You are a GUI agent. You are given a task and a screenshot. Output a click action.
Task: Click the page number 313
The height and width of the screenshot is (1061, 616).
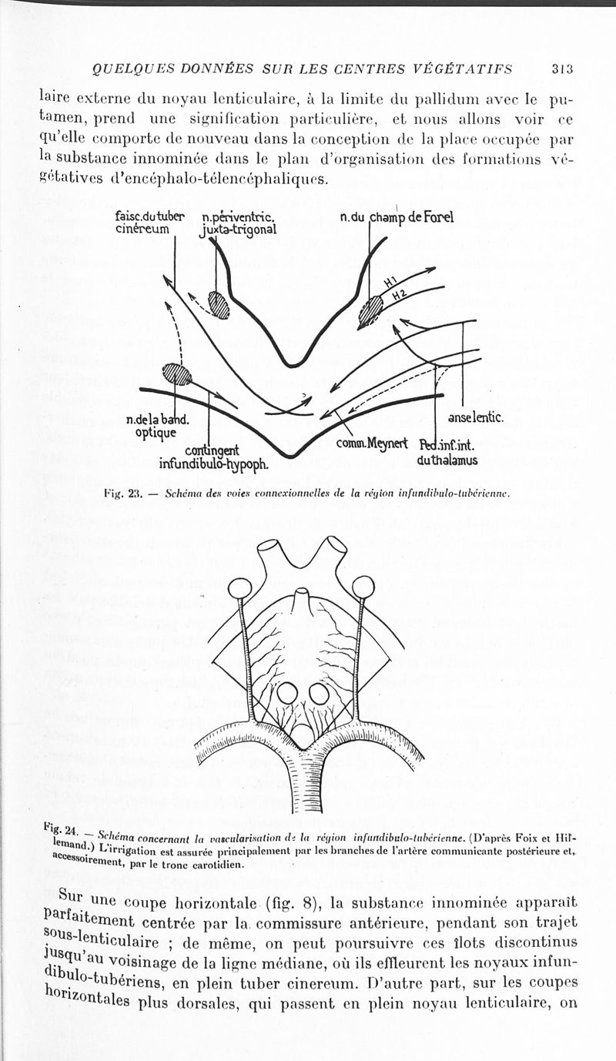[563, 69]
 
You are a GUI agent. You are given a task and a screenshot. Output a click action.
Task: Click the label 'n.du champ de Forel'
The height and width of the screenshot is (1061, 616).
[397, 217]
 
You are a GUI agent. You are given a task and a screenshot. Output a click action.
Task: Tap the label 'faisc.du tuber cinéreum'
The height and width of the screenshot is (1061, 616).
[149, 223]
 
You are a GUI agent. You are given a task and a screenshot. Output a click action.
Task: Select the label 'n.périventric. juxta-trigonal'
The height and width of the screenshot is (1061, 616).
[239, 223]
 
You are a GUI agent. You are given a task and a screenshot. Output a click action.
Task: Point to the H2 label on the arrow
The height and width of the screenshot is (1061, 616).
[399, 296]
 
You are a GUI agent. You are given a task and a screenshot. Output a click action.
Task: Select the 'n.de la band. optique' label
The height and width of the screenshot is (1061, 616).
[158, 426]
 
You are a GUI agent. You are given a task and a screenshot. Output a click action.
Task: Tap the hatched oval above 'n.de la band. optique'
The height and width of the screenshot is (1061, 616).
[176, 375]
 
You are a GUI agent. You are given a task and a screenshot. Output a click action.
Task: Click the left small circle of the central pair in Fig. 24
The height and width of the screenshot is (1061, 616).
[287, 693]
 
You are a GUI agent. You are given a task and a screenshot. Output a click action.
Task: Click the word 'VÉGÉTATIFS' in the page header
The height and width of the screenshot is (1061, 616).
[470, 69]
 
